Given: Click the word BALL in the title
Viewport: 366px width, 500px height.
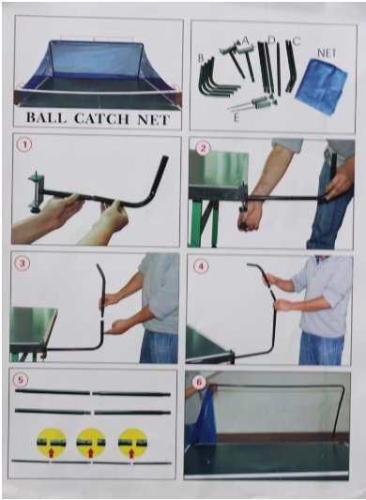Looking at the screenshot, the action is pyautogui.click(x=47, y=117).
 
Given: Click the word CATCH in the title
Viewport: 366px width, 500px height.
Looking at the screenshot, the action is pyautogui.click(x=102, y=118).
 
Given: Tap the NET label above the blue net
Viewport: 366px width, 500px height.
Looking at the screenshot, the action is pyautogui.click(x=328, y=53).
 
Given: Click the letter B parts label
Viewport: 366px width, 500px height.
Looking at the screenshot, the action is pyautogui.click(x=201, y=58).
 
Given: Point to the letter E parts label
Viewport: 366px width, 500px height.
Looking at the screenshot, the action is pyautogui.click(x=236, y=117).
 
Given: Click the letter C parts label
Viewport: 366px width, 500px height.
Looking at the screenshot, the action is pyautogui.click(x=297, y=41).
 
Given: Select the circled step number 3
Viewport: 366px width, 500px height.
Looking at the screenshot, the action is pyautogui.click(x=23, y=264).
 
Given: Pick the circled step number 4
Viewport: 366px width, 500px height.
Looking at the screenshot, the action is pyautogui.click(x=201, y=265).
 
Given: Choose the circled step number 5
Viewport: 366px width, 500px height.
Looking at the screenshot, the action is pyautogui.click(x=21, y=380).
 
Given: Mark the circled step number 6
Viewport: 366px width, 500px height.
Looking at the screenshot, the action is pyautogui.click(x=199, y=382).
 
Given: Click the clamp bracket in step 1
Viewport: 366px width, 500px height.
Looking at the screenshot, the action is pyautogui.click(x=35, y=192).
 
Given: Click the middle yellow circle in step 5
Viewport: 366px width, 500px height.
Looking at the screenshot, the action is pyautogui.click(x=91, y=443).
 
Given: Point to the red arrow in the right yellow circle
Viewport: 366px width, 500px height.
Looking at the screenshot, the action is pyautogui.click(x=131, y=453).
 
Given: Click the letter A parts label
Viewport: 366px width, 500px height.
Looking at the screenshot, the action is pyautogui.click(x=245, y=39).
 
